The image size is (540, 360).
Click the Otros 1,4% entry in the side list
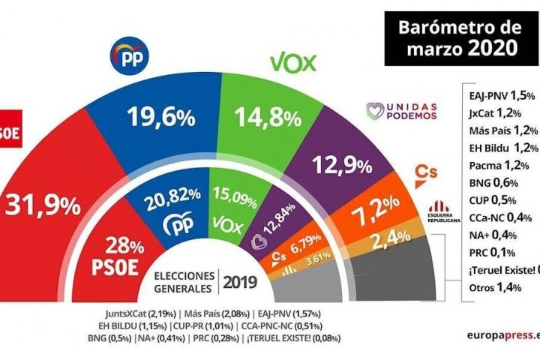493,287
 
